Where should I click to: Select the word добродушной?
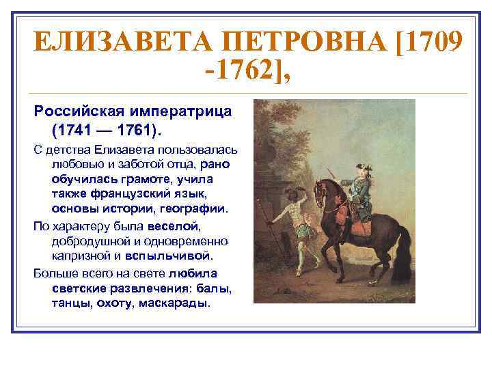91,241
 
